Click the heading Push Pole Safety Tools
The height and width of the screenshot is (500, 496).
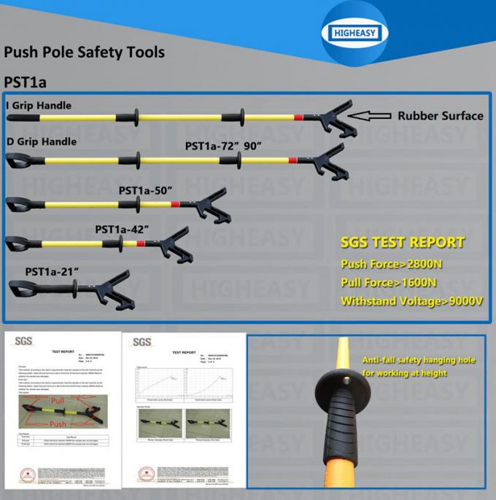point(84,52)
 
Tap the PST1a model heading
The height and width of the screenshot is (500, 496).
point(26,82)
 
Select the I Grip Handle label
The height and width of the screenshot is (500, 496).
point(38,106)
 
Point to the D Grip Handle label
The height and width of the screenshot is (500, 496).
point(42,141)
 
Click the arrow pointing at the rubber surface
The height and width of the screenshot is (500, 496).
point(371,115)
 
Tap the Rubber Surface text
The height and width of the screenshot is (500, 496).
point(440,116)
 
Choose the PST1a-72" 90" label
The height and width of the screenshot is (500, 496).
point(223,146)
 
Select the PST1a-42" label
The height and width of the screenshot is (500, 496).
point(122,228)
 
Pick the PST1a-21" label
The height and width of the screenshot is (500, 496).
point(52,271)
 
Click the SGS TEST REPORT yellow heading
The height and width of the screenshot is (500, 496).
point(402,243)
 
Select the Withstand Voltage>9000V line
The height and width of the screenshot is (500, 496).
point(412,300)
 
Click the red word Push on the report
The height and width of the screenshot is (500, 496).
point(58,423)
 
